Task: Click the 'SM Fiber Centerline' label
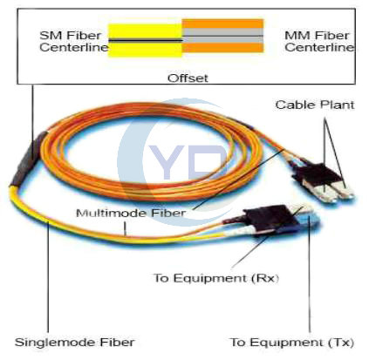[x=74, y=41]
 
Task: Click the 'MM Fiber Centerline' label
[x=319, y=41]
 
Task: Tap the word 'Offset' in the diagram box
[x=188, y=78]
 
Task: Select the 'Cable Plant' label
[x=315, y=105]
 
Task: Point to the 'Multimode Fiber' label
[x=131, y=214]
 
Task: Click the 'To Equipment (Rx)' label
[x=216, y=278]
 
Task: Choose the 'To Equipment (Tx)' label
[x=291, y=343]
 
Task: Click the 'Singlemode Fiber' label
[x=75, y=343]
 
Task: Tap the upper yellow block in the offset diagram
[x=145, y=31]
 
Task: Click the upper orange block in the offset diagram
[x=222, y=24]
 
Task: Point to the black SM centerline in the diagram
[x=146, y=41]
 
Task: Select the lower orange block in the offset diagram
[x=222, y=48]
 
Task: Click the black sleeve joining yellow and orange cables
[x=29, y=159]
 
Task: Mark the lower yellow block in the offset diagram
[x=145, y=50]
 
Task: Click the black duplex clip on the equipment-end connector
[x=268, y=220]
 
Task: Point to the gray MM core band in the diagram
[x=222, y=36]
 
